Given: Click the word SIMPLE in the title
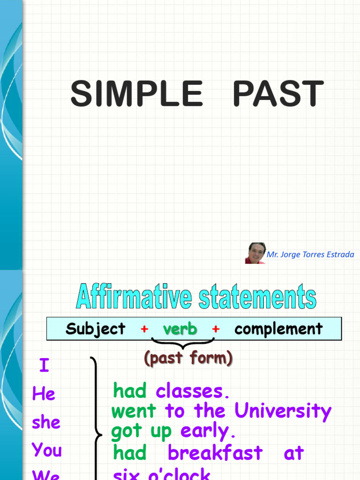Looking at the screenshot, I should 136,94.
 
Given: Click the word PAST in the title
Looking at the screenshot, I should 278,94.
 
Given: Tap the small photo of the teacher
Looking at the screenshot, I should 255,253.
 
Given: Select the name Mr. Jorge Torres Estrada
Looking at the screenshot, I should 310,255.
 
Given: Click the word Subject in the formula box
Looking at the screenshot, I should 96,329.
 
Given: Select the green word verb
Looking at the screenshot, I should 180,329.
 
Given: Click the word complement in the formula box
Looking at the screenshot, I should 278,329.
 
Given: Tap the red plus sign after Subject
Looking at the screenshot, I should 144,329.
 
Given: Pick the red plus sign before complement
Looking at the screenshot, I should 216,329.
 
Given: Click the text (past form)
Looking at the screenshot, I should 188,359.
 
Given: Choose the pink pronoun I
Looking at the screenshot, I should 44,366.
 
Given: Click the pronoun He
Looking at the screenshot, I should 44,394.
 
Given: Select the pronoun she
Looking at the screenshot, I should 46,422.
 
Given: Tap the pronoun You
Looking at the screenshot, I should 47,450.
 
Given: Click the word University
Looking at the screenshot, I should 283,411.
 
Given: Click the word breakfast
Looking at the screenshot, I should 215,453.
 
